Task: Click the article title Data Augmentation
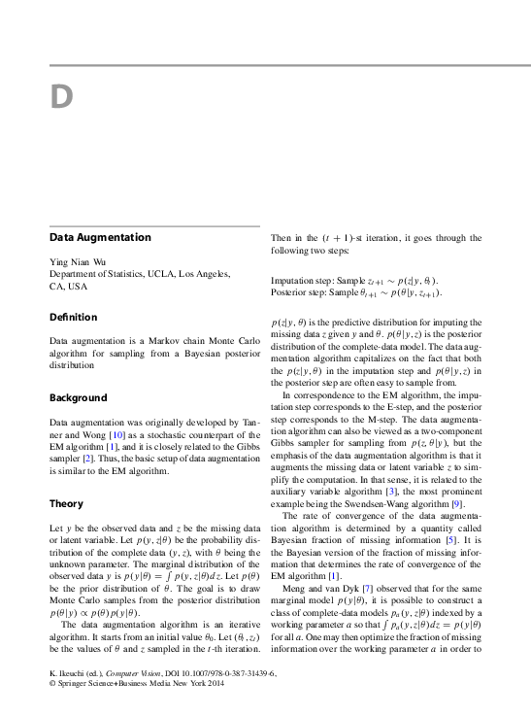point(100,237)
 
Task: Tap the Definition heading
point(74,317)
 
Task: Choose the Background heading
point(78,398)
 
